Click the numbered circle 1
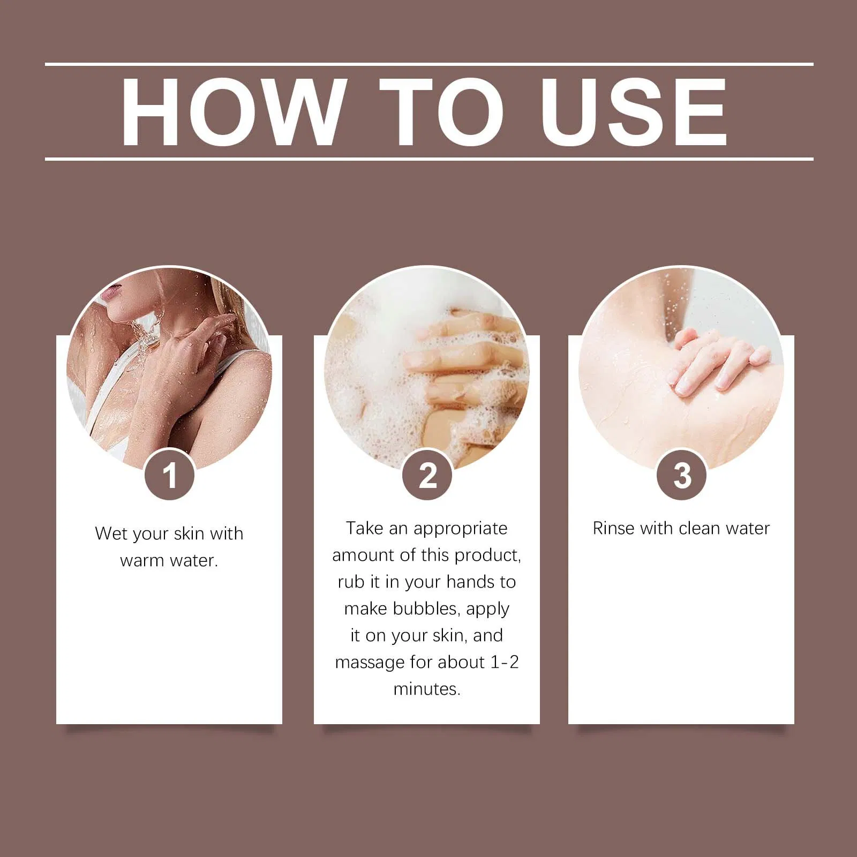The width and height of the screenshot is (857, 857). [x=169, y=475]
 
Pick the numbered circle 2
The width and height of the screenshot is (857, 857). [x=427, y=475]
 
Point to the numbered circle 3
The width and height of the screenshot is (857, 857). [x=682, y=475]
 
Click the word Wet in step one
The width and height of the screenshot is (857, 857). [x=111, y=533]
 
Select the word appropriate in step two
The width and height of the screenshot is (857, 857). [x=460, y=529]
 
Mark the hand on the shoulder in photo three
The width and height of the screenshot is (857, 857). [x=718, y=362]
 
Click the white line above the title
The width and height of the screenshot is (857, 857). [x=429, y=64]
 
